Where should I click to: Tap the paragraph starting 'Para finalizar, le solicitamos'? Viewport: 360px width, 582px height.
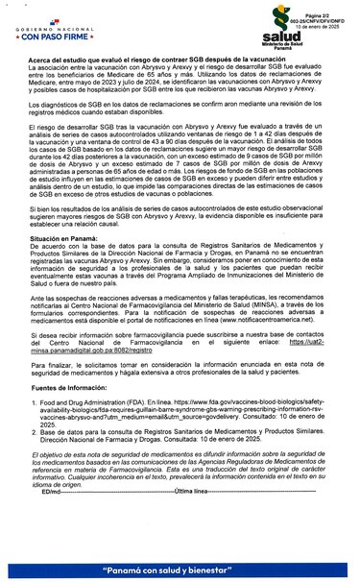[180, 370]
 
